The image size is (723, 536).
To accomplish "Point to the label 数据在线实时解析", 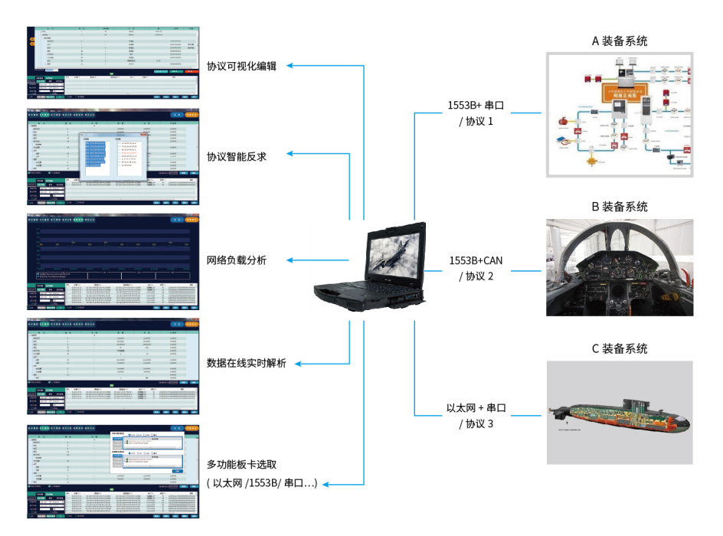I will pos(247,363).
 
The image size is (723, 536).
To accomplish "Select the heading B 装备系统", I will pos(620,207).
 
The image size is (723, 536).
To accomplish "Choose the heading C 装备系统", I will pos(620,348).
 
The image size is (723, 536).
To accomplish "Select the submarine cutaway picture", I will pos(620,412).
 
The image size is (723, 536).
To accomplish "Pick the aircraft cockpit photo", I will pos(620,268).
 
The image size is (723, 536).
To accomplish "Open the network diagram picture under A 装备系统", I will pos(620,115).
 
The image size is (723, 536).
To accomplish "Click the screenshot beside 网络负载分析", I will pos(113,260).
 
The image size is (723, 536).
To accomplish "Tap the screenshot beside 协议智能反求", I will pos(113,157).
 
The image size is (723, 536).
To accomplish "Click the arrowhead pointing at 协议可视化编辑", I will pos(290,67).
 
